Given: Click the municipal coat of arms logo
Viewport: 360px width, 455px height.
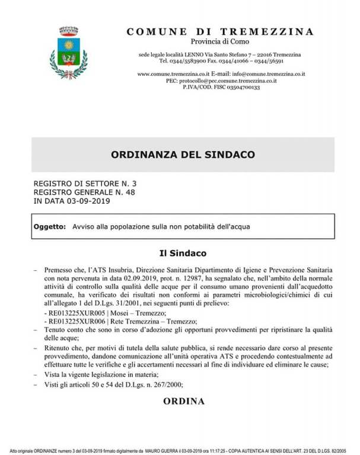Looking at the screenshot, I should point(68,53).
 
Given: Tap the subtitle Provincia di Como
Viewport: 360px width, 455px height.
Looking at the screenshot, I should point(220,41).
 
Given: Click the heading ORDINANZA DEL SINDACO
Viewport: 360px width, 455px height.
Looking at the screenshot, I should point(183,155).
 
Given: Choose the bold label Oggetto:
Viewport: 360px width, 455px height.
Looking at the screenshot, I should point(50,227).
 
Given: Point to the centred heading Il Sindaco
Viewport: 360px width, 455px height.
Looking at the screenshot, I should point(182,254).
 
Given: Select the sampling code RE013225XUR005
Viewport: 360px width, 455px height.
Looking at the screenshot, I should point(70,312).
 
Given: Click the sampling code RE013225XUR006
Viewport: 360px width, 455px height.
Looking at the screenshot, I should point(70,321).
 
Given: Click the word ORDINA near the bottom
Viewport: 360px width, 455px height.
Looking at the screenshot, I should point(183,401).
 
